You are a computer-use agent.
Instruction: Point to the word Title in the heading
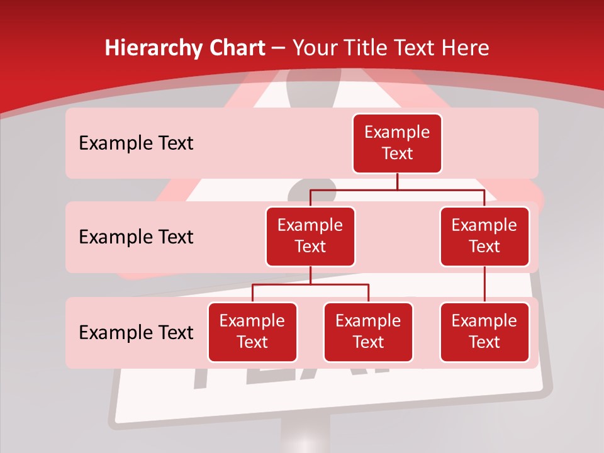point(367,48)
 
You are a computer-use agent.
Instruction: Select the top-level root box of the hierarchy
point(397,143)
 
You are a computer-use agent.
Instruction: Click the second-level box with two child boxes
point(310,237)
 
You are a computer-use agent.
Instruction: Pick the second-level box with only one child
point(484,237)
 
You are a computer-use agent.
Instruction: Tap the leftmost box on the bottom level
point(252,332)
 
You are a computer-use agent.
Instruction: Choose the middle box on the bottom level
point(368,332)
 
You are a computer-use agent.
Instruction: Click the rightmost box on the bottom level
point(484,332)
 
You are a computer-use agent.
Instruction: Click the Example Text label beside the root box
point(136,143)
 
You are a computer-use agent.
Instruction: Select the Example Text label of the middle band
point(136,237)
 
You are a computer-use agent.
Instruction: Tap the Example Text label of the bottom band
point(136,332)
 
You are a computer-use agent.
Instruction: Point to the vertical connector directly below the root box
point(397,181)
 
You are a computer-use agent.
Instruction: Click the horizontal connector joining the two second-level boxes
point(397,189)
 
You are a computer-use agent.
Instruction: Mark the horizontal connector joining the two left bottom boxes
point(310,284)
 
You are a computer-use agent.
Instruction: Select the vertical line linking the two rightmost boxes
point(484,284)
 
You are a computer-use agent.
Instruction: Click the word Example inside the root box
point(397,133)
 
